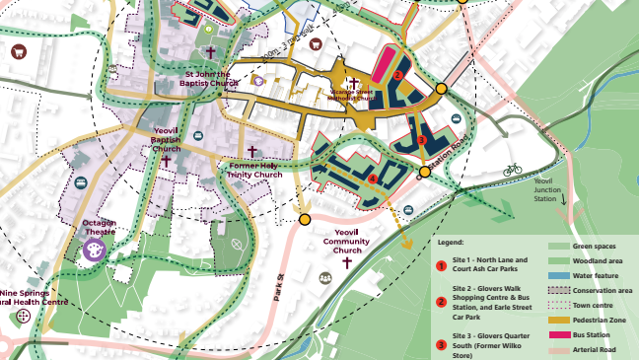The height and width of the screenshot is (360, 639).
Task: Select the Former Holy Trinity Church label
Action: click(254, 170)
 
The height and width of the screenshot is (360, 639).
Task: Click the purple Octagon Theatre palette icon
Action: click(96, 252)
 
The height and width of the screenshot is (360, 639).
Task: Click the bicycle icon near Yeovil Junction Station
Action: click(512, 170)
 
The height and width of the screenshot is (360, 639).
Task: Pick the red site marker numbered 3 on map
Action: click(420, 139)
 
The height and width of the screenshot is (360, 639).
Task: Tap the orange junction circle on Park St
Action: click(306, 219)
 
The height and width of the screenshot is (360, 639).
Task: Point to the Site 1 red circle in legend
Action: click(441, 265)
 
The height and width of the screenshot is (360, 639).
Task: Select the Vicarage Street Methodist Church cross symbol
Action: click(353, 84)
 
